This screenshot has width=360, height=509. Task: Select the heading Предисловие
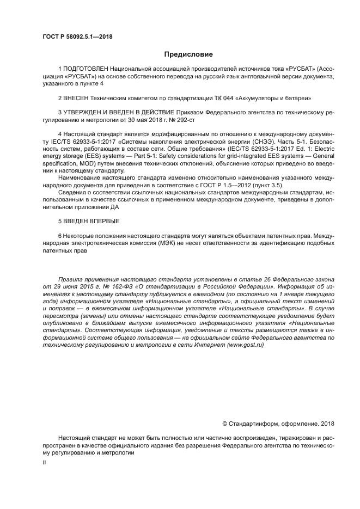(x=188, y=54)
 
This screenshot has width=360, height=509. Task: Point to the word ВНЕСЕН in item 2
(x=77, y=99)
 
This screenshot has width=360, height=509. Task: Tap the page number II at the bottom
(x=44, y=462)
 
